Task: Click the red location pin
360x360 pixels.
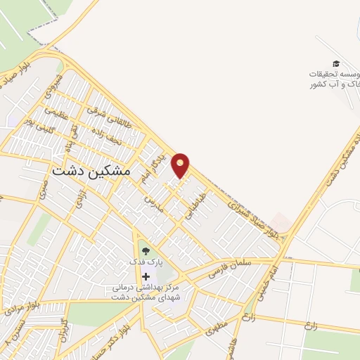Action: pyautogui.click(x=181, y=165)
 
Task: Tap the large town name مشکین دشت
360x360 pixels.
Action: pyautogui.click(x=91, y=170)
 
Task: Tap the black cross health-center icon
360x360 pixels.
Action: pyautogui.click(x=146, y=276)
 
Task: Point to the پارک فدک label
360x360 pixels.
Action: pyautogui.click(x=146, y=262)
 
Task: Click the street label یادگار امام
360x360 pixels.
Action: pyautogui.click(x=162, y=164)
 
